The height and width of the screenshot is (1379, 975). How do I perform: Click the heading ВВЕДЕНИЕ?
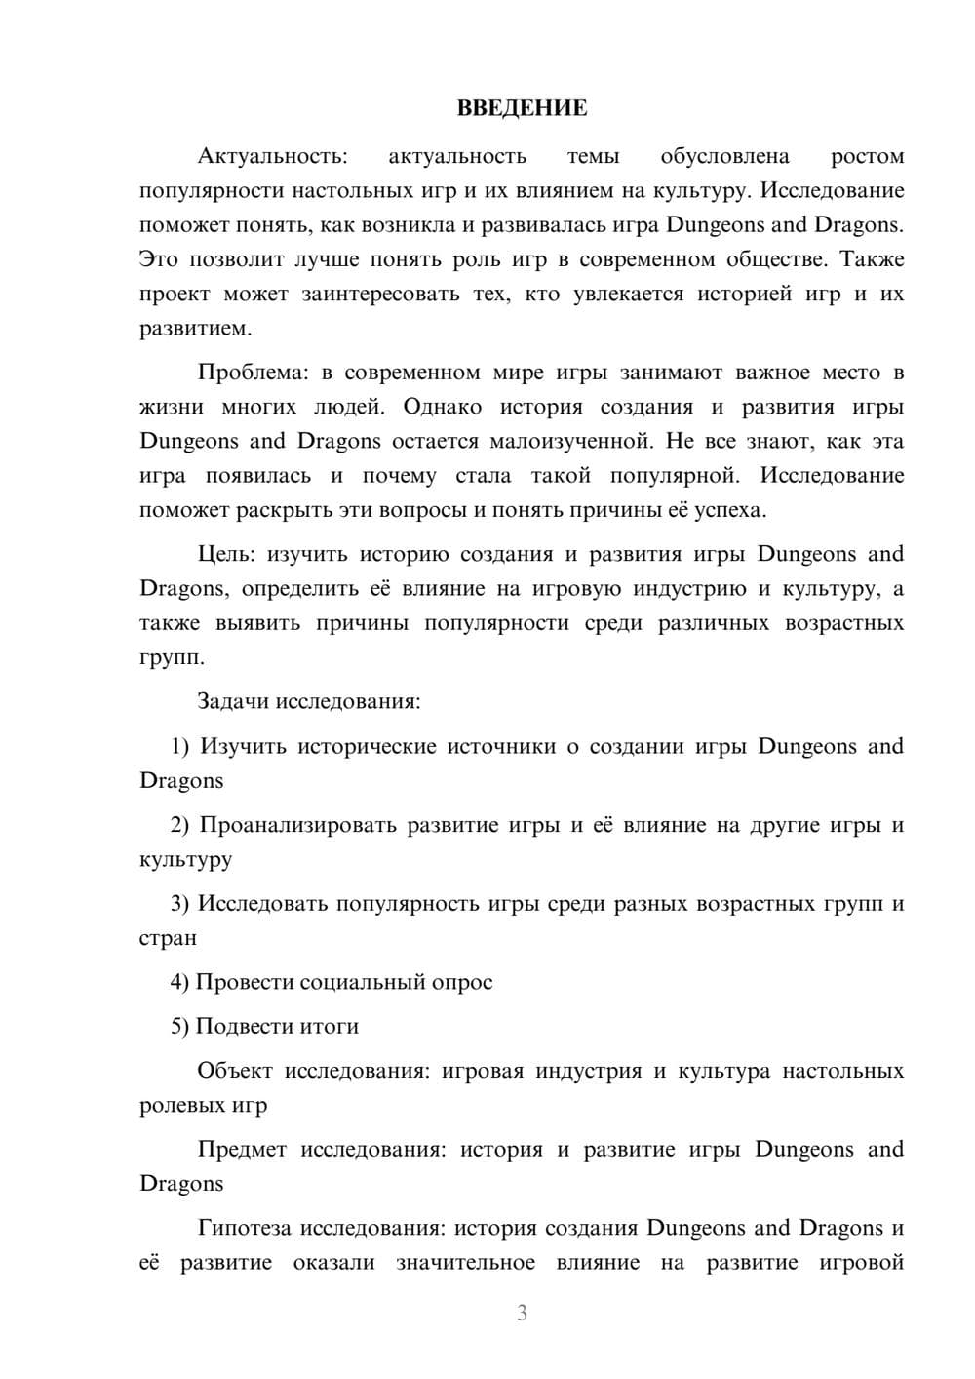tap(522, 108)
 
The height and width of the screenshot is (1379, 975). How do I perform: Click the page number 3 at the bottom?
tap(522, 1314)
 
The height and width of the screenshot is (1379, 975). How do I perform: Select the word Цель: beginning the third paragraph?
tap(225, 555)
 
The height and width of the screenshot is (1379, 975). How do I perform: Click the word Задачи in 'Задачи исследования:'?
tap(233, 702)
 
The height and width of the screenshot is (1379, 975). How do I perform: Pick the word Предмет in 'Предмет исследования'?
tap(242, 1150)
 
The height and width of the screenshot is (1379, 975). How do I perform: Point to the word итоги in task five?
tap(329, 1027)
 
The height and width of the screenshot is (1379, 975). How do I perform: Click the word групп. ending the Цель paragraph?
tap(173, 658)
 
